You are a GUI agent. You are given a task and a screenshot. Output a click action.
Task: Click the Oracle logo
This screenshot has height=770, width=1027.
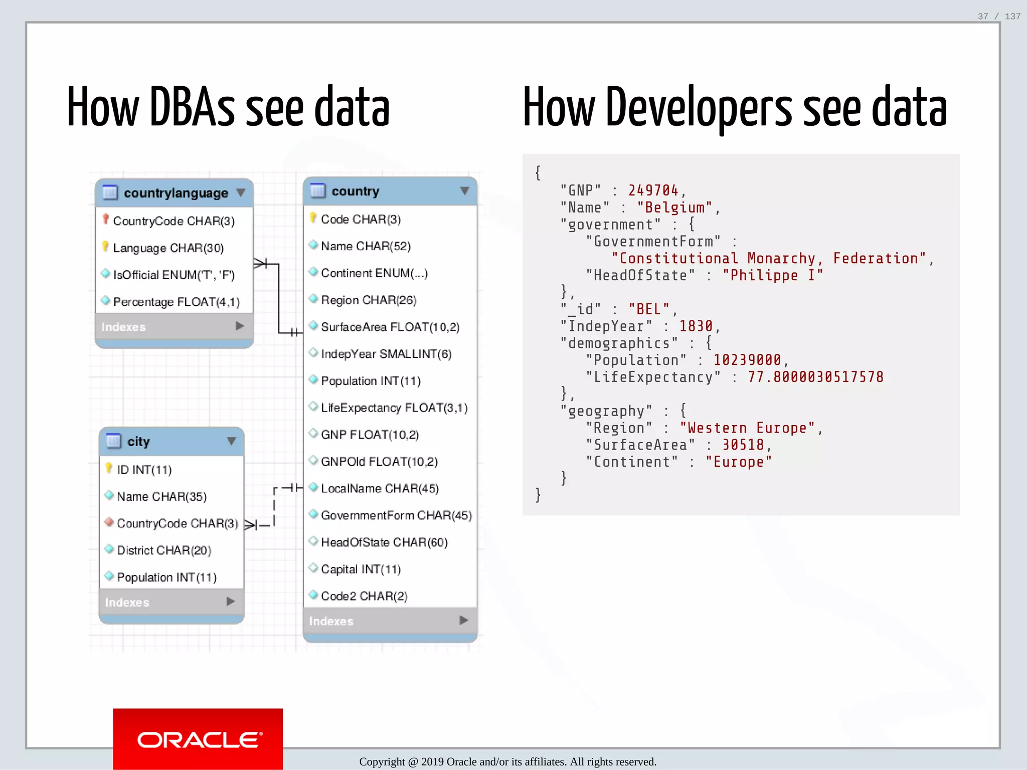pos(198,739)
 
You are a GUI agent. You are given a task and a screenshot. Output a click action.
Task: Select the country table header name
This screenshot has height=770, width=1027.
pos(355,191)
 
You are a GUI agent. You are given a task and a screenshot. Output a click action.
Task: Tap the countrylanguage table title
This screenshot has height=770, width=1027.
pos(176,193)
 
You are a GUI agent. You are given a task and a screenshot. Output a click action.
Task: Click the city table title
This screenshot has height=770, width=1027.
pos(138,442)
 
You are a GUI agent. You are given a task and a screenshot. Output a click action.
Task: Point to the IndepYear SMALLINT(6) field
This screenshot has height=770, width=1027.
pos(386,354)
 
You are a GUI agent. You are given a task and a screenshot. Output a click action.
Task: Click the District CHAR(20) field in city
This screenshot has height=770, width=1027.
pos(163,550)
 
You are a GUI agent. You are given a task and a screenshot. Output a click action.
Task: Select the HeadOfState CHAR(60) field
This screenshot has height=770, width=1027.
pos(384,542)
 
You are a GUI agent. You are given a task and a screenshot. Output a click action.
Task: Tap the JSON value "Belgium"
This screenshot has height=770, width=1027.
pos(675,208)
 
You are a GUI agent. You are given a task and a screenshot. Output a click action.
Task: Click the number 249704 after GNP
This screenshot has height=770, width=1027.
pos(653,190)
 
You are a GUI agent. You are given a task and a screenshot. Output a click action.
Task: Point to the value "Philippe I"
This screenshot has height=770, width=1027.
pos(772,275)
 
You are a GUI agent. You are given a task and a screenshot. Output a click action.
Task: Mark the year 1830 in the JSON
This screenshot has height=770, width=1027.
pos(696,326)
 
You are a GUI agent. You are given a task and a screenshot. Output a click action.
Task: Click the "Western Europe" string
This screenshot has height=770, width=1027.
pos(747,428)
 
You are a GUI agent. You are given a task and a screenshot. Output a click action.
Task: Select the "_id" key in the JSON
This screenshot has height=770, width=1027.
pos(581,309)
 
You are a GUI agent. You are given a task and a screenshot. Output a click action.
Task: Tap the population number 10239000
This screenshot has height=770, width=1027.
pos(747,360)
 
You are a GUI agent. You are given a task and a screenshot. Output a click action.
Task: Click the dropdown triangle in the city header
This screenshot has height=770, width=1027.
pos(231,441)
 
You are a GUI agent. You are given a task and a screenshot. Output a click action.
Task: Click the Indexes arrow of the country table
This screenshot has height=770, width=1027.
pos(464,621)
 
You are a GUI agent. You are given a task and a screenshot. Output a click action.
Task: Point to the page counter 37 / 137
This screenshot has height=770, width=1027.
pos(998,16)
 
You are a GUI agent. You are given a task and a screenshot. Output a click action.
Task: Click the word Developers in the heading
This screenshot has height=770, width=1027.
pos(699,108)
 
